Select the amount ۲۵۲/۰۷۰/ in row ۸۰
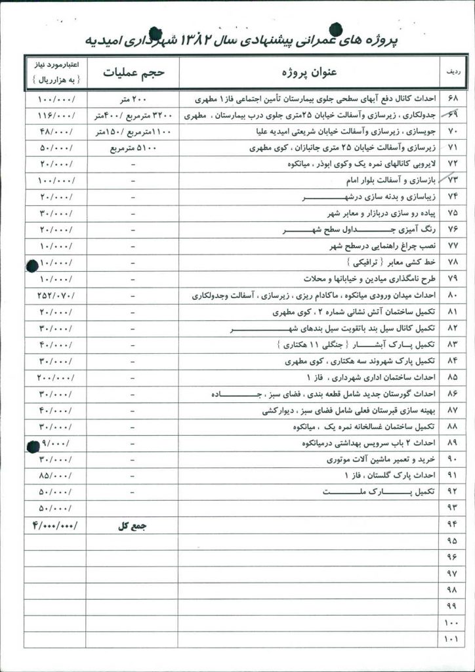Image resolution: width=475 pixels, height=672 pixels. [57, 296]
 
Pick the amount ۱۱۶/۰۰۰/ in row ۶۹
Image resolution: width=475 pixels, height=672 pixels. [57, 115]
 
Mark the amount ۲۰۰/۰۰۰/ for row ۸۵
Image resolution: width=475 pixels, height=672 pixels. [56, 378]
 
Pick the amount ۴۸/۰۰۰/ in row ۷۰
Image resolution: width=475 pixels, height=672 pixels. [57, 132]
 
